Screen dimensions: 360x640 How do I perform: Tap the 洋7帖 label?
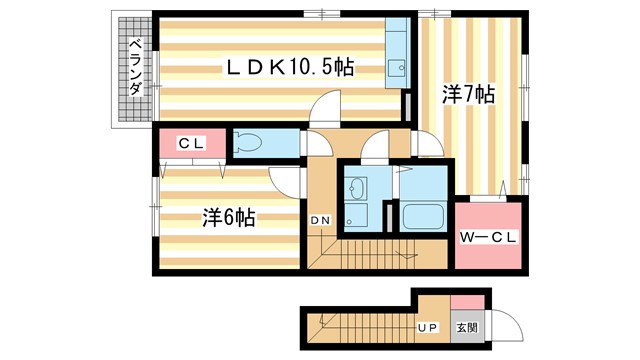coord(469,95)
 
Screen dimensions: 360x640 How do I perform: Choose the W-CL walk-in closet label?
coord(487,237)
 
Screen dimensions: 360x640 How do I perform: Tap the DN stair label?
coord(321,220)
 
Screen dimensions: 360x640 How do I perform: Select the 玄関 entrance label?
coord(467,327)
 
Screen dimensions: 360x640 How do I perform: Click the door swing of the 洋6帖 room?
coord(286,181)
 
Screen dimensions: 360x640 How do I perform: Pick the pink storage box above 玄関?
coord(467,303)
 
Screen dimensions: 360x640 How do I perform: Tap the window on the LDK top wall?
coord(318,13)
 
